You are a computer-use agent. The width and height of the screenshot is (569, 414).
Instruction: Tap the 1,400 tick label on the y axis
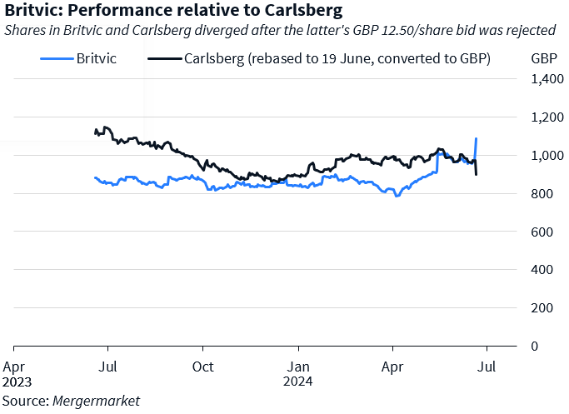click(x=545, y=79)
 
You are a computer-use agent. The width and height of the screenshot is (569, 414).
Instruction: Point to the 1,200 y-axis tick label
click(x=545, y=117)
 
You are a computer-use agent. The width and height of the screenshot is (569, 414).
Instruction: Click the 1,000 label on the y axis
click(x=545, y=156)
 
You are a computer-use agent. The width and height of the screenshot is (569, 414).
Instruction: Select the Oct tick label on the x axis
click(x=202, y=366)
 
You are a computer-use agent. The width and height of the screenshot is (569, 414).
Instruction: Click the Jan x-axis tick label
click(x=298, y=366)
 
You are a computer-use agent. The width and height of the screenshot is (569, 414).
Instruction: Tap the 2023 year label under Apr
click(x=17, y=382)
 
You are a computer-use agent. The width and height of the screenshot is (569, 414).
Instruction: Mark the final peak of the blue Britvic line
click(x=476, y=138)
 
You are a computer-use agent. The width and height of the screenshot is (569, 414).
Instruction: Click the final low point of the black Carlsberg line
click(x=477, y=174)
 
